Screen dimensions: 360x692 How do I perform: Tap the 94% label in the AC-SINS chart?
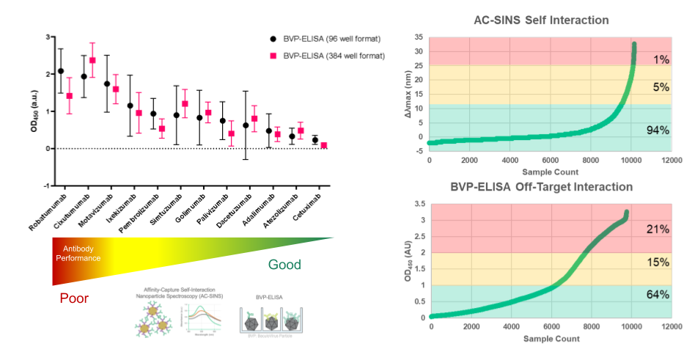[x=658, y=131]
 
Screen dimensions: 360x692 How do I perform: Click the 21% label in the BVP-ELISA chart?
[x=658, y=230]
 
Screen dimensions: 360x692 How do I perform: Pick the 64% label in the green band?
[x=658, y=295]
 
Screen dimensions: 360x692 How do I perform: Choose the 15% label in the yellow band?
[x=658, y=262]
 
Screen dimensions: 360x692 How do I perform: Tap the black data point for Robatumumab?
[x=60, y=71]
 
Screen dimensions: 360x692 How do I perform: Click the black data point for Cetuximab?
[x=315, y=140]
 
